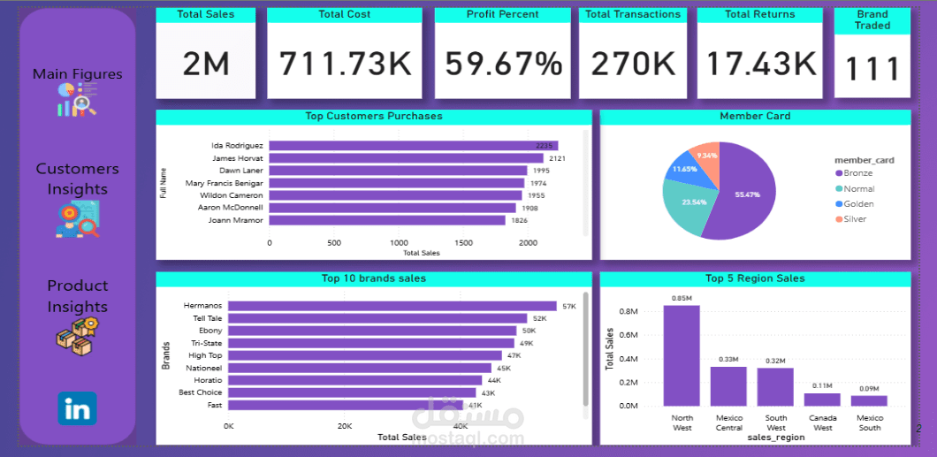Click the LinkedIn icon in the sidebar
coord(78,409)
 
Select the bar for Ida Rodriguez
coord(413,146)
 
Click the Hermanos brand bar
coord(392,306)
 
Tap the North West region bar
coord(682,355)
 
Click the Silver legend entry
coord(854,219)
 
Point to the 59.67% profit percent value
coord(503,64)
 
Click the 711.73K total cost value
coord(346,64)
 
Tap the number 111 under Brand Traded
coord(872,69)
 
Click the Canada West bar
coord(822,400)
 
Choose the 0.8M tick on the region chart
coord(628,311)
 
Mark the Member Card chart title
coord(755,116)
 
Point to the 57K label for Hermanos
coord(568,306)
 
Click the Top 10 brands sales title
coord(373,278)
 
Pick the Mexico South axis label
coord(869,423)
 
